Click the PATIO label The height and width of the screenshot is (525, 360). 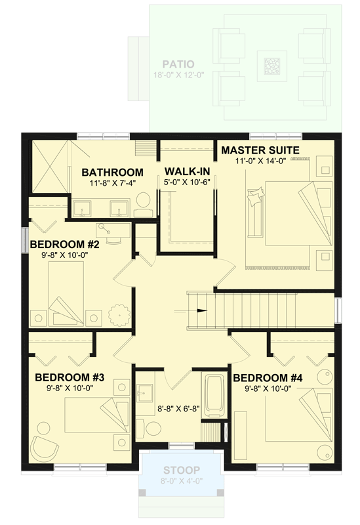178,64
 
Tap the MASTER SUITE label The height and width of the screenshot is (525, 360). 260,150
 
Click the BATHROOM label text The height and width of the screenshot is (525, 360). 112,173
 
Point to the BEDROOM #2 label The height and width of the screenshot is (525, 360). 64,245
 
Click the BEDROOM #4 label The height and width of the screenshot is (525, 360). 268,378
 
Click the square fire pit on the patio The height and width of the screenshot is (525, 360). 271,66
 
